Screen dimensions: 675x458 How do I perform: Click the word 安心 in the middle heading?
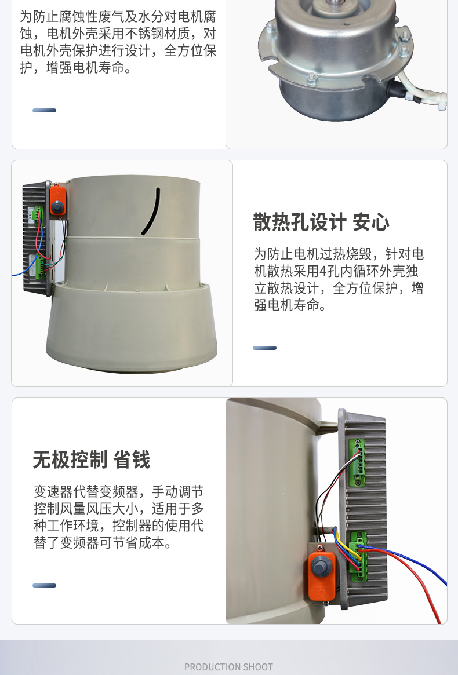(370, 222)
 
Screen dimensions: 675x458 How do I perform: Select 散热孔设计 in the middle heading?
(300, 222)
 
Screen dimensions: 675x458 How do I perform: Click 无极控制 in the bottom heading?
(70, 460)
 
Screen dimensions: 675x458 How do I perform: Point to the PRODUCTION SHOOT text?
(228, 667)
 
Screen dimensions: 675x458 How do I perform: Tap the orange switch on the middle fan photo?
(57, 199)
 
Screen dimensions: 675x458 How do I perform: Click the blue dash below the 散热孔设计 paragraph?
(264, 348)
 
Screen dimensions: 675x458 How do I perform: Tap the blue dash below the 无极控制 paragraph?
(44, 585)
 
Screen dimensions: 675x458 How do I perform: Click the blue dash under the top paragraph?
(44, 110)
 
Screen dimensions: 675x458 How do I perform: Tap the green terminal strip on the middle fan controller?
(39, 243)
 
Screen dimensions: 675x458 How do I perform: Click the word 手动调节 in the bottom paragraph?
(177, 492)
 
